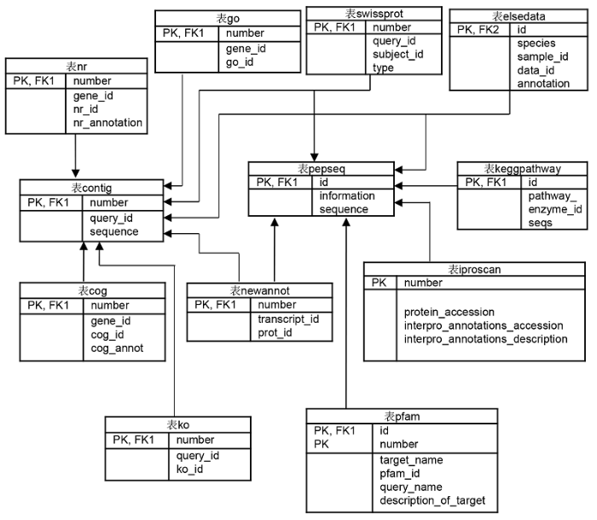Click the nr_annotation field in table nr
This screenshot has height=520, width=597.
[x=107, y=123]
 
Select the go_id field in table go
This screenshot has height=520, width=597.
[x=240, y=62]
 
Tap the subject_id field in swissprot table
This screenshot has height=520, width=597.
[x=398, y=54]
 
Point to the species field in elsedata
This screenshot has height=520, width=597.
[x=536, y=43]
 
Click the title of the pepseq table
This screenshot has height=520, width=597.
[x=321, y=168]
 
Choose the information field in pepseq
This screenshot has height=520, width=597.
[x=347, y=196]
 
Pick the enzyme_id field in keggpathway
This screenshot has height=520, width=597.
[x=555, y=209]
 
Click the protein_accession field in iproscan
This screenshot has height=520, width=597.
[x=449, y=312]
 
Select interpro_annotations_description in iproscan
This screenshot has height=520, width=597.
[x=486, y=339]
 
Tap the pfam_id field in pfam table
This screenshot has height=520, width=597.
[x=400, y=474]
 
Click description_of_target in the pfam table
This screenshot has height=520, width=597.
[x=432, y=500]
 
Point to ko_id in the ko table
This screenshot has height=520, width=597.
[x=189, y=469]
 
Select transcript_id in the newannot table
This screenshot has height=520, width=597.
[x=288, y=318]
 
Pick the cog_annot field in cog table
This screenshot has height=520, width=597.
[x=117, y=348]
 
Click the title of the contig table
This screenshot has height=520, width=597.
[x=91, y=188]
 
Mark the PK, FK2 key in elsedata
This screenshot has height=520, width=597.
[x=478, y=30]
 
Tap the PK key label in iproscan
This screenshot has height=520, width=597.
[x=379, y=283]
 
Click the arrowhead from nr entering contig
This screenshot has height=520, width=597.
[x=75, y=173]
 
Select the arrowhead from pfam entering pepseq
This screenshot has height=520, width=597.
[x=346, y=222]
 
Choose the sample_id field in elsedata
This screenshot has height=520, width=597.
[x=542, y=57]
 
